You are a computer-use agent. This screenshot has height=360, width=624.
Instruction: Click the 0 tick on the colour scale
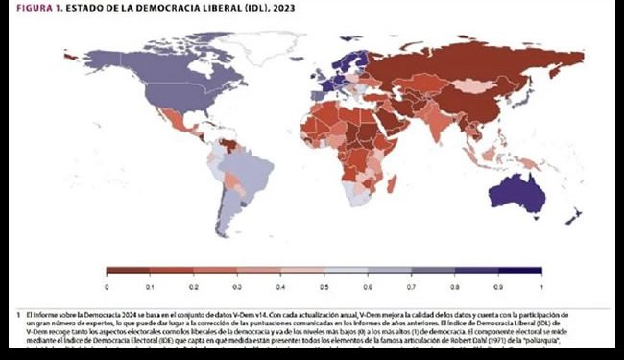click(x=107, y=286)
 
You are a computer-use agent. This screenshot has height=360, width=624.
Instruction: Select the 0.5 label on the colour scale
click(x=324, y=286)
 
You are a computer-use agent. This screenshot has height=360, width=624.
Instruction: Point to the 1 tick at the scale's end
click(x=540, y=286)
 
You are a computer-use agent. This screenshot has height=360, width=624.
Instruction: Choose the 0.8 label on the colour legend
click(x=454, y=286)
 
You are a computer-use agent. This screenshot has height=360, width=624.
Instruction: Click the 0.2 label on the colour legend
click(x=193, y=286)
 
